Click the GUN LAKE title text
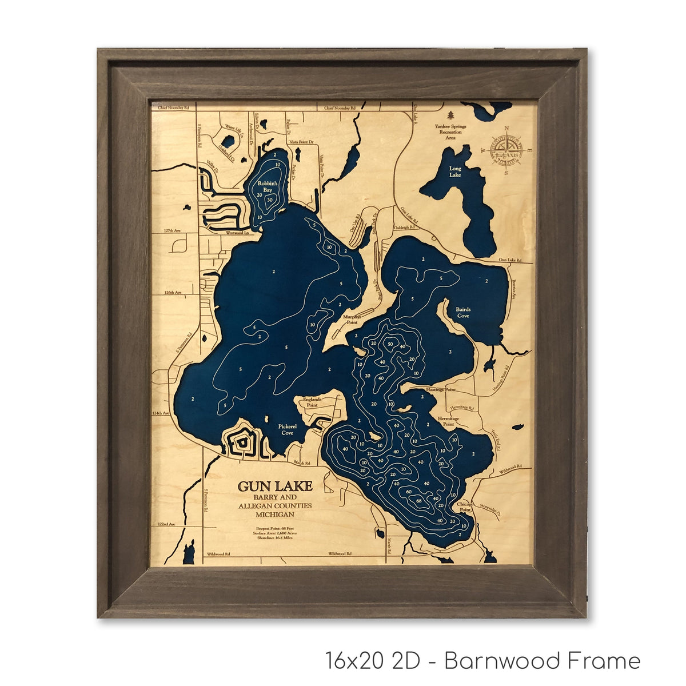tap(275, 486)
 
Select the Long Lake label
tap(455, 171)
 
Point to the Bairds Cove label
tap(463, 312)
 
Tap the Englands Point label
tap(312, 401)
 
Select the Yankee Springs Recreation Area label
tap(450, 131)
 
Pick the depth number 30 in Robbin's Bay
tap(270, 200)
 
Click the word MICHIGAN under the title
tap(275, 515)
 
